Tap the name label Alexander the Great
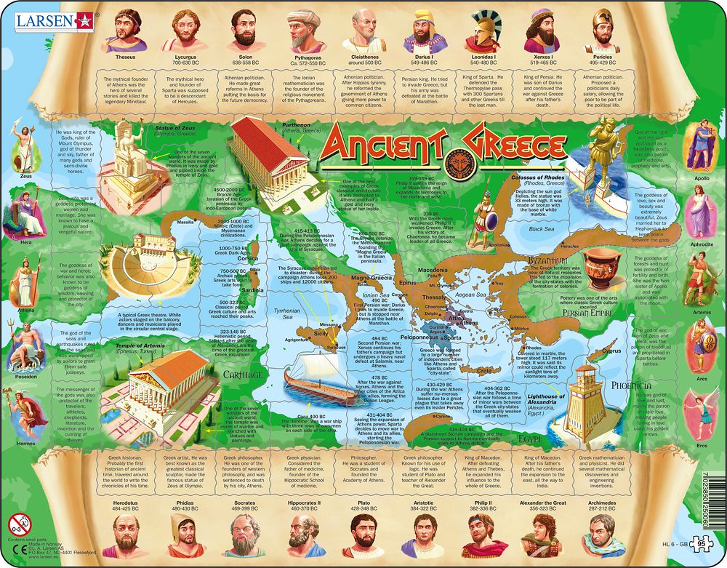point(542,503)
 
